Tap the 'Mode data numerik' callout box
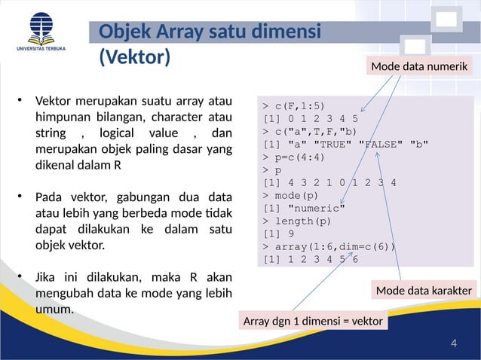(x=420, y=68)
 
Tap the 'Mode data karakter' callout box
(x=424, y=291)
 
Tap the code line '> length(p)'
(x=297, y=221)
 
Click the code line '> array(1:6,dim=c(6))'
(x=329, y=246)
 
